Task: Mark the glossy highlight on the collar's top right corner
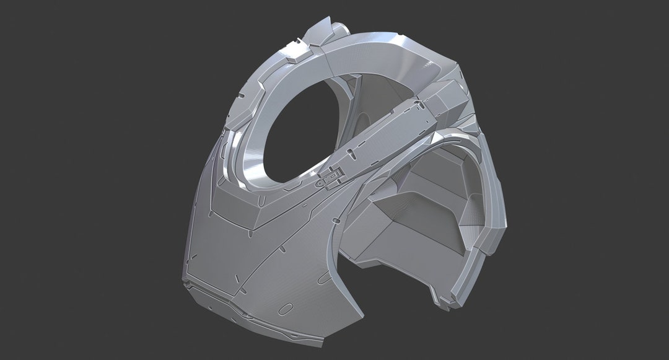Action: (434, 62)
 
